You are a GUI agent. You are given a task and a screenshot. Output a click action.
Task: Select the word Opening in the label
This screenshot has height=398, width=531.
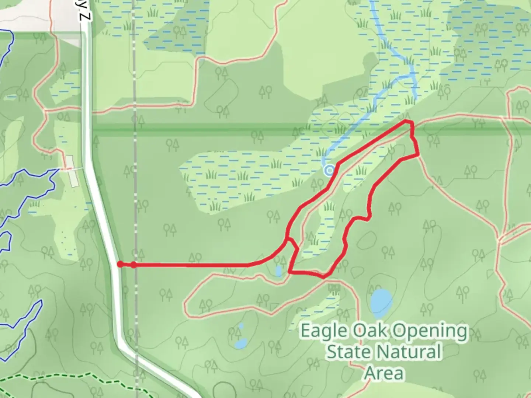coord(430,331)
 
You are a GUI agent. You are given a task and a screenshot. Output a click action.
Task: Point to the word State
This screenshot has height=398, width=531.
coord(343,352)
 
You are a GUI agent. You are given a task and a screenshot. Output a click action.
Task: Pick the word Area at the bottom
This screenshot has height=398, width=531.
coord(384,373)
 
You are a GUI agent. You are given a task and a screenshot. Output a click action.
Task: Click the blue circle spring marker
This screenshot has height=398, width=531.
coord(329,170)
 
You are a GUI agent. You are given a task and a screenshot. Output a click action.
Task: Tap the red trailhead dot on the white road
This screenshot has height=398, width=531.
coord(120,264)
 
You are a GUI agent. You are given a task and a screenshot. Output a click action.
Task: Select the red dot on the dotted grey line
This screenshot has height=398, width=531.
coord(133,265)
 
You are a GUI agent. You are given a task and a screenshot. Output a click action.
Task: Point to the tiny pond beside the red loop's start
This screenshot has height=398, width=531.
coord(278,271)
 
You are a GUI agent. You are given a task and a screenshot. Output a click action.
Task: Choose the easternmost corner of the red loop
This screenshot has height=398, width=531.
coord(418,155)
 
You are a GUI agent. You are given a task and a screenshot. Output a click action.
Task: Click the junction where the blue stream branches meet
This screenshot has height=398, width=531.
coord(412,76)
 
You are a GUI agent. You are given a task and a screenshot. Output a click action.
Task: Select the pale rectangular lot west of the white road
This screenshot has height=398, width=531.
coord(72,171)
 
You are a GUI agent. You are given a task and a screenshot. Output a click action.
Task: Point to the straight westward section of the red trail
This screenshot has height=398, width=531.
coord(192,265)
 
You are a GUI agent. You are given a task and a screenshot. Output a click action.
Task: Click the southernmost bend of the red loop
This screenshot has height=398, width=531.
coord(323,276)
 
